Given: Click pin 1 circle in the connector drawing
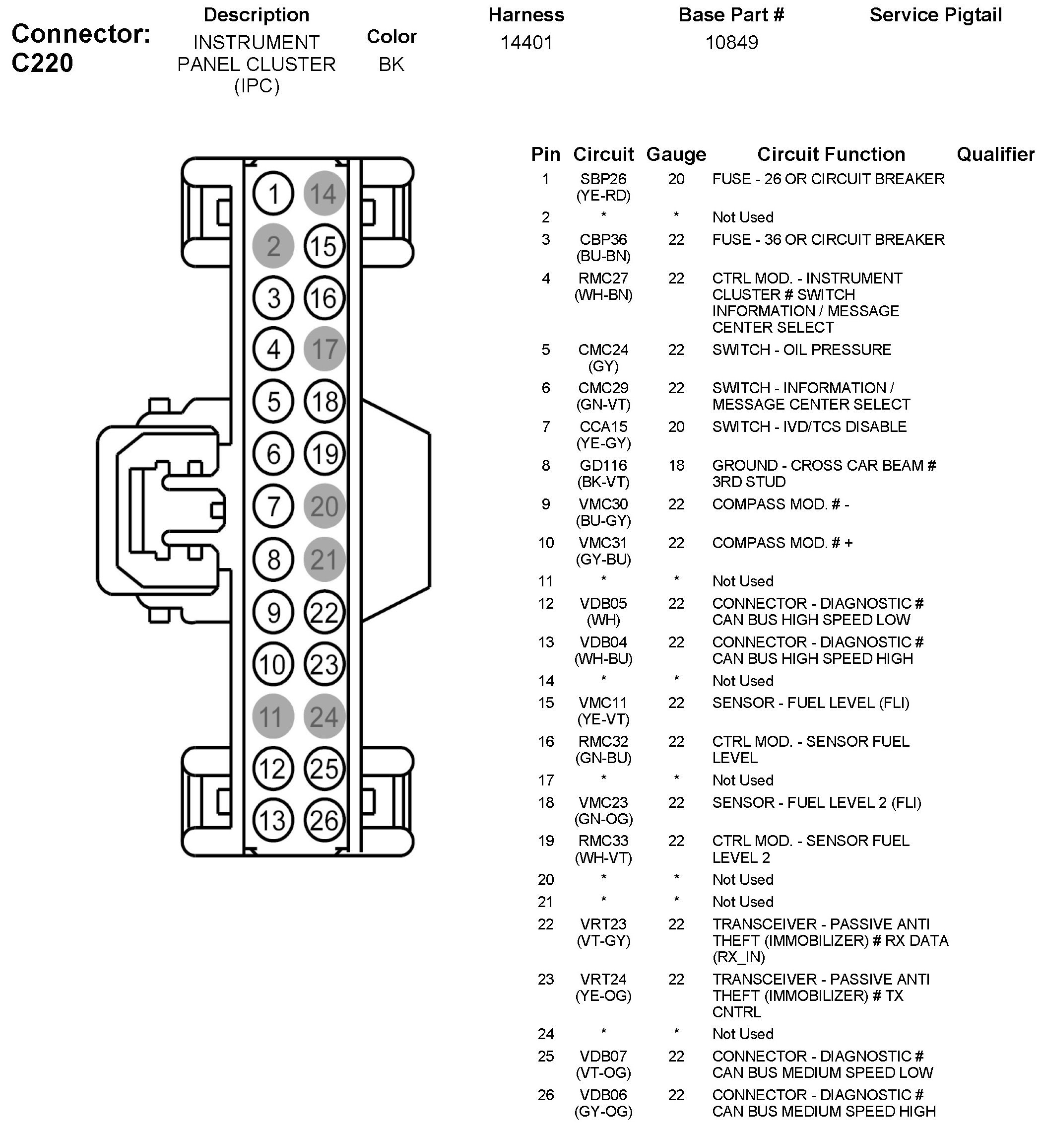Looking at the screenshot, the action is point(273,194).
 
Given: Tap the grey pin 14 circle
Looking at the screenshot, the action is point(324,194).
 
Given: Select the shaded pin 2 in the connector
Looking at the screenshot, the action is point(273,246).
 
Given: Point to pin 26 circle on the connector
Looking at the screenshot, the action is point(324,820).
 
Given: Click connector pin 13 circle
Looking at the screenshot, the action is point(273,820).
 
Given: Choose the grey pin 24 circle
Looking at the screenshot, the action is point(324,716).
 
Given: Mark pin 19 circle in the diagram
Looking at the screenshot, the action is point(324,454).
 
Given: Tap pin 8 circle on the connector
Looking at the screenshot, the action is point(273,560).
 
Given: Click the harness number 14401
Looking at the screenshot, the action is point(526,43).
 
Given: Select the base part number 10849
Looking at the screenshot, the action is point(731,43).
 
